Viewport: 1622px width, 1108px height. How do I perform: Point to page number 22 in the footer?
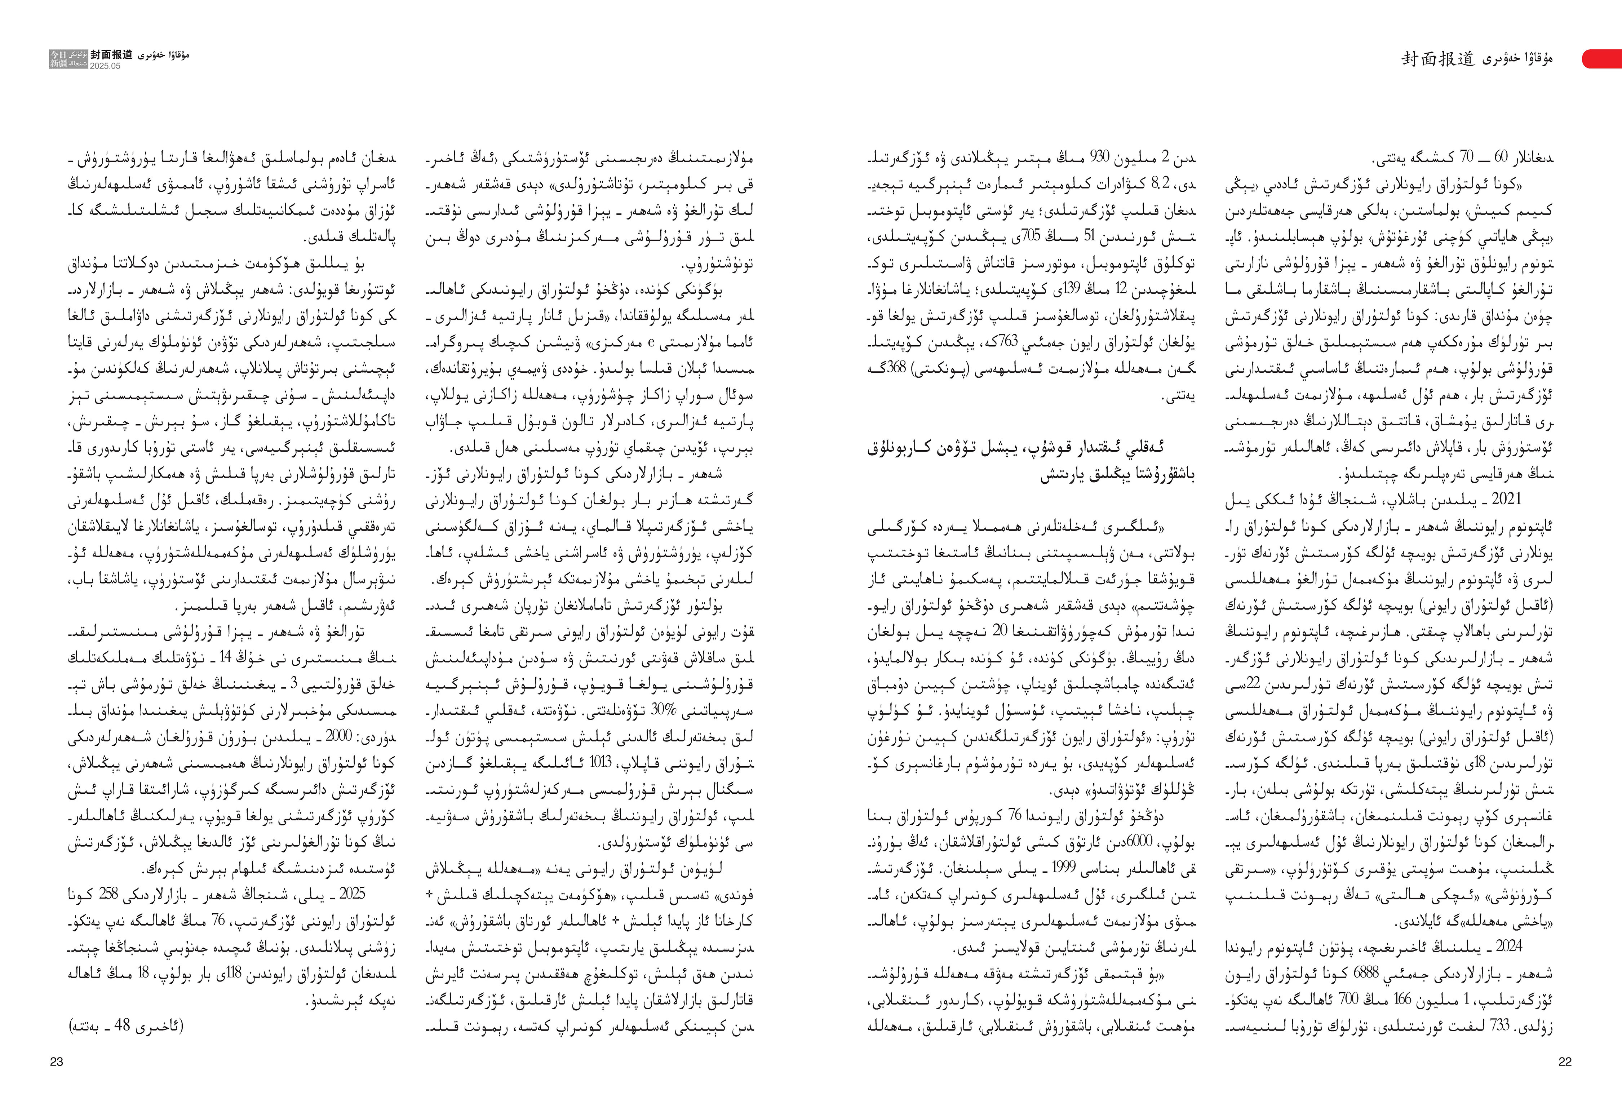tap(1565, 1061)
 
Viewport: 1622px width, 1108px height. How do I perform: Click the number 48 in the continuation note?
tap(124, 1027)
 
